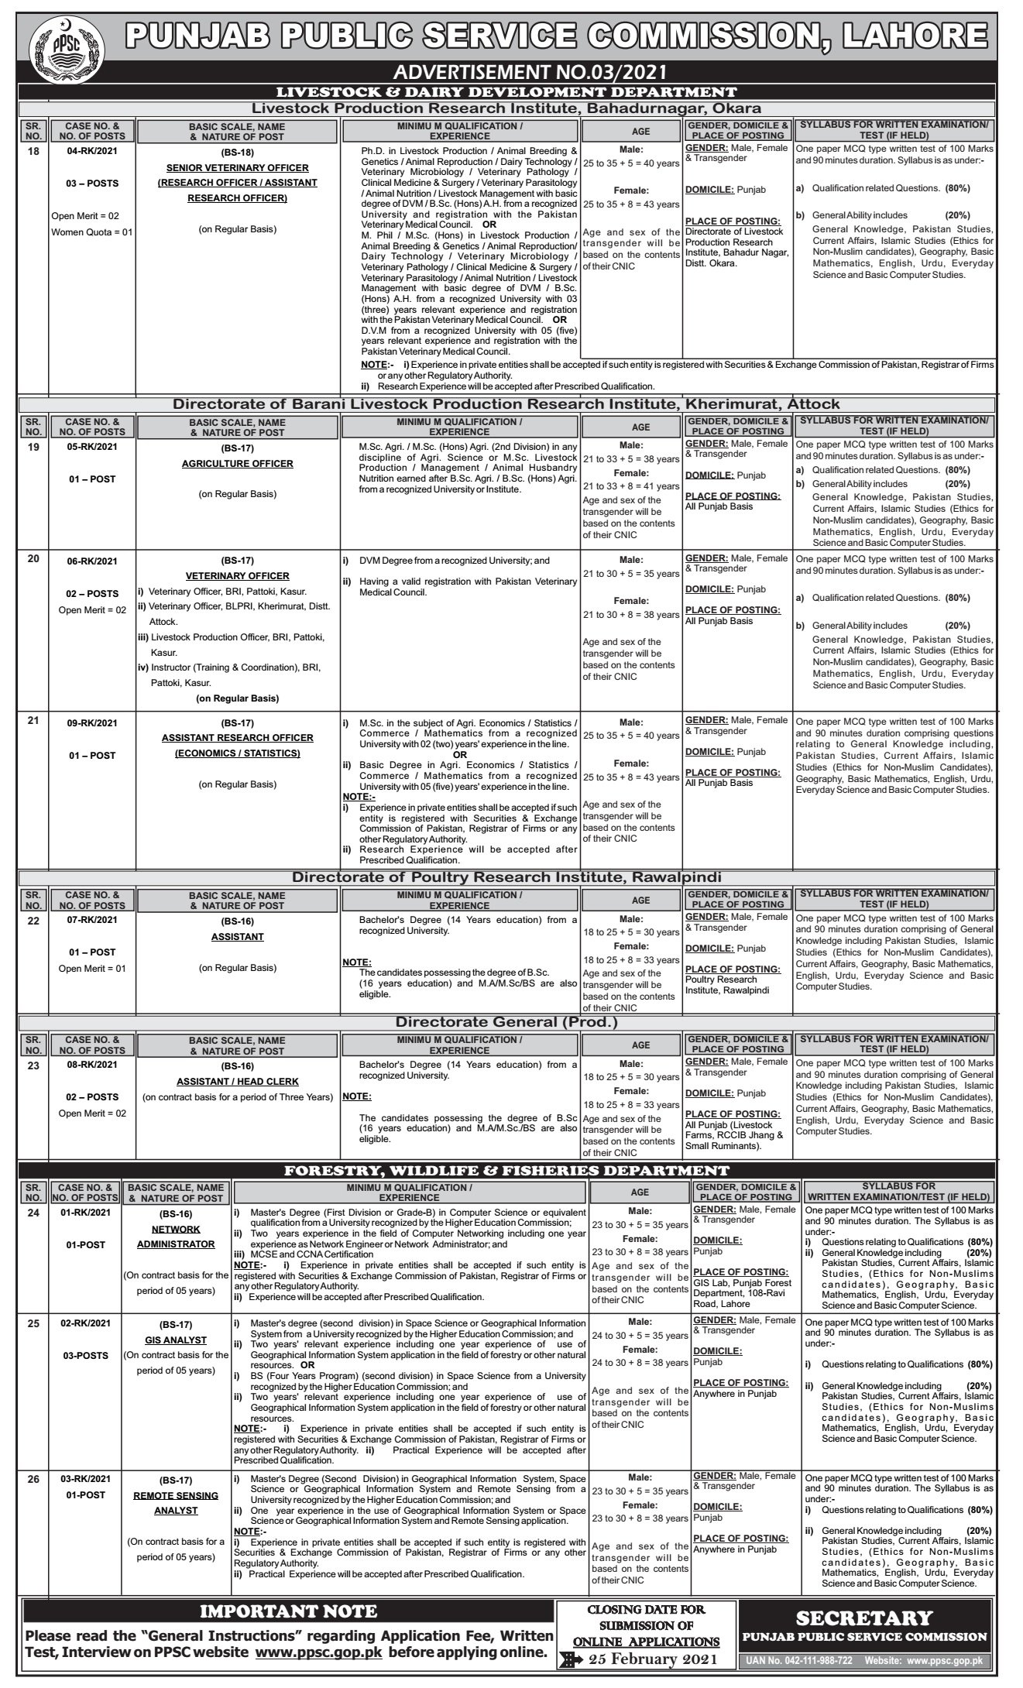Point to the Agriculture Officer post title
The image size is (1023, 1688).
[x=238, y=464]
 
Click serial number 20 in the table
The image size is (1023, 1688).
[x=33, y=558]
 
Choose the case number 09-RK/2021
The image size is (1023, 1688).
[x=91, y=723]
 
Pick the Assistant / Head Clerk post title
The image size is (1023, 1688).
[x=238, y=1081]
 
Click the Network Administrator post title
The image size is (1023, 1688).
[x=176, y=1237]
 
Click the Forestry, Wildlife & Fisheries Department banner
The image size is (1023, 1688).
[x=507, y=1171]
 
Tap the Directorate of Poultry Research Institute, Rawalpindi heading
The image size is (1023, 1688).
[x=506, y=877]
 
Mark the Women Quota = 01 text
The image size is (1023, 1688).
[x=92, y=232]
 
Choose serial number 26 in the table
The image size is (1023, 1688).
[x=33, y=1479]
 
